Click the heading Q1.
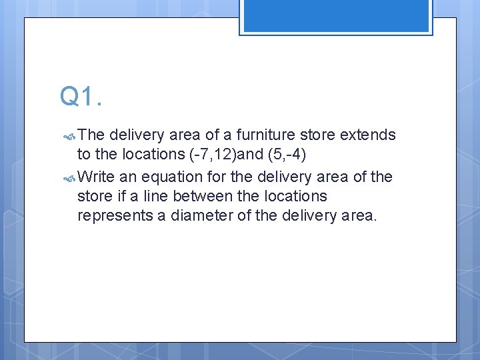pos(81,97)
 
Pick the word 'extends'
pos(367,135)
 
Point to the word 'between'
pos(197,197)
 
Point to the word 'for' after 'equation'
pos(216,177)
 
